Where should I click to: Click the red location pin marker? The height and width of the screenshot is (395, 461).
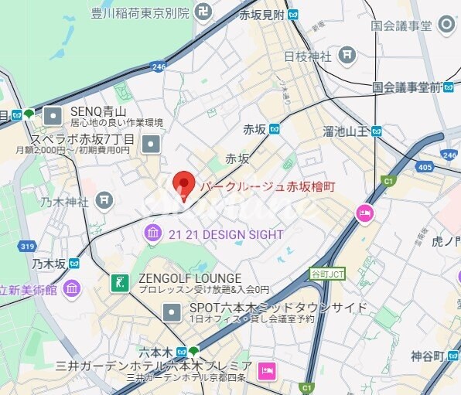click(183, 184)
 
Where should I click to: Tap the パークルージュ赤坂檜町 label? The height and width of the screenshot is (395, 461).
click(268, 186)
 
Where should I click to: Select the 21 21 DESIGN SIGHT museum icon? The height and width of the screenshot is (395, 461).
click(152, 233)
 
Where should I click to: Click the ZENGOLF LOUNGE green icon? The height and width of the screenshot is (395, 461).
click(119, 282)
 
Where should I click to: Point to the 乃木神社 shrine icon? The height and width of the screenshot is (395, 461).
click(104, 202)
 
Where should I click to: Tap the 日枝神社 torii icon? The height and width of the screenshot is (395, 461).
click(348, 55)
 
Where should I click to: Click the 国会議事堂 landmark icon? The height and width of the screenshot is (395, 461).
click(446, 25)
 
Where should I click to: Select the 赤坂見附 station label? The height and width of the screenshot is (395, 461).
click(263, 14)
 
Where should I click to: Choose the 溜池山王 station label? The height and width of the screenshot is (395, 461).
click(347, 131)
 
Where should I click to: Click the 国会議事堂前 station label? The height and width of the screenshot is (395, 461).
click(407, 87)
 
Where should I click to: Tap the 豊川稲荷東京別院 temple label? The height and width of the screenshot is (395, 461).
click(139, 12)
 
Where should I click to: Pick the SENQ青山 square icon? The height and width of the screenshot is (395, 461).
click(53, 116)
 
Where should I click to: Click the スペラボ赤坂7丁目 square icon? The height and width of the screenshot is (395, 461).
click(152, 144)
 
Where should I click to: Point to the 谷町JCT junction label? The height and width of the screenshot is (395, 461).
click(327, 274)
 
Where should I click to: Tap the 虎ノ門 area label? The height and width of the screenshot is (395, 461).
click(446, 242)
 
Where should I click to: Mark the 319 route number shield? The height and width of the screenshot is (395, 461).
click(27, 247)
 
